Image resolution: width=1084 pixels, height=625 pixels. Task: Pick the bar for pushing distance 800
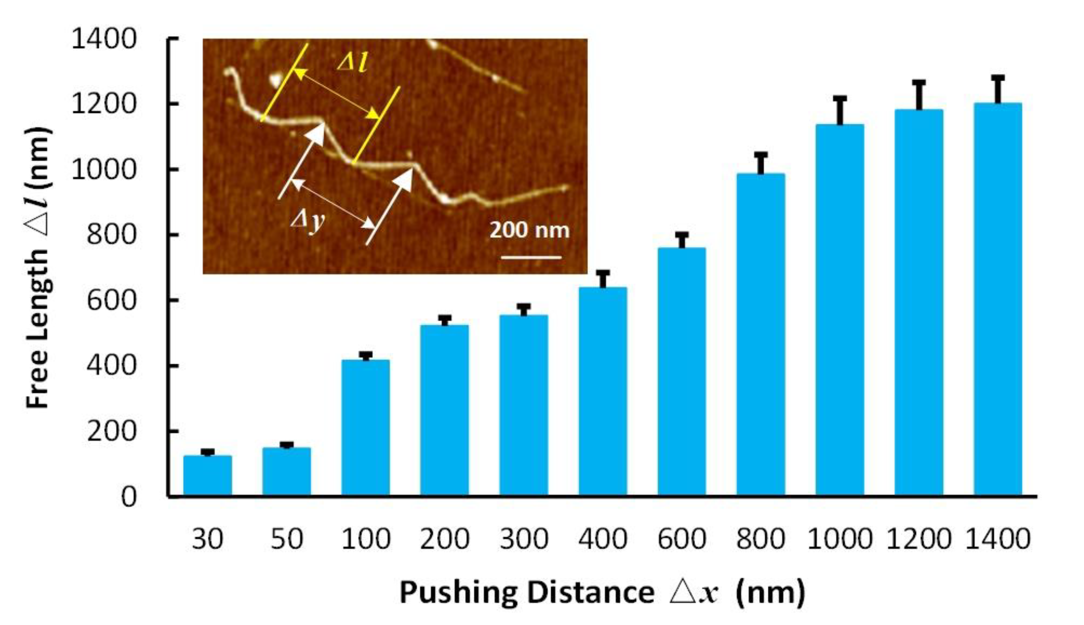[x=761, y=335]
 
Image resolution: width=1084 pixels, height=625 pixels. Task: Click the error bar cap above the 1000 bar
[x=840, y=98]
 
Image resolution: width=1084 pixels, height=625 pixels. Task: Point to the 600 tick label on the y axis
[x=111, y=300]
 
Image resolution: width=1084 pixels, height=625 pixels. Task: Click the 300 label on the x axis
[x=524, y=539]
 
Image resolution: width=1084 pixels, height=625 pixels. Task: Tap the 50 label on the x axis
[x=286, y=539]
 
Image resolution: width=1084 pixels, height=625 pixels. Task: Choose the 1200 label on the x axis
[x=918, y=539]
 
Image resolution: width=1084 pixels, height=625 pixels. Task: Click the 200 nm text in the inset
[x=529, y=230]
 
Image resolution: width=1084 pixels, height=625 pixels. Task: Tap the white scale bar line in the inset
[x=531, y=258]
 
